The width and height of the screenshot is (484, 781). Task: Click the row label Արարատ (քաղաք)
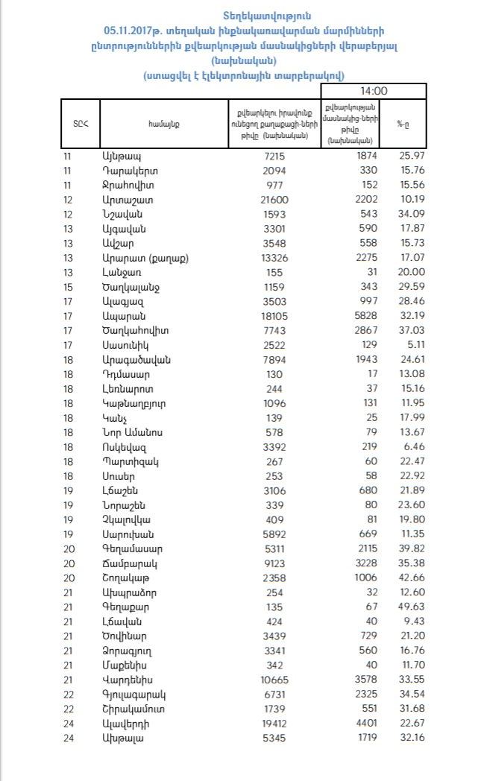coord(141,258)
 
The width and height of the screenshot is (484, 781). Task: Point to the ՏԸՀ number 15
coord(69,287)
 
